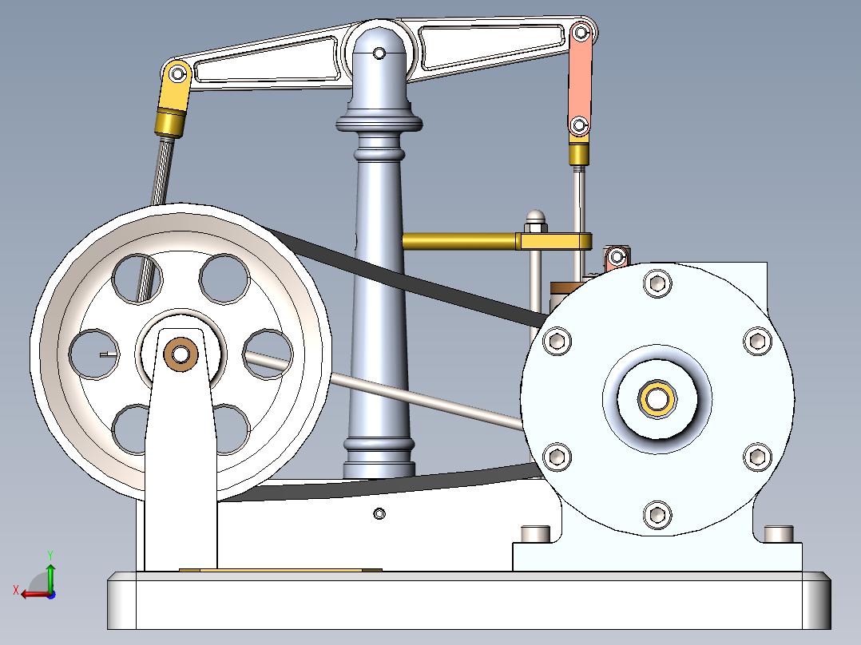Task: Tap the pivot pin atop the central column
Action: pos(380,53)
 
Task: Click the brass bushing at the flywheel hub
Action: pos(181,352)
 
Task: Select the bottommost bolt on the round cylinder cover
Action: pos(657,514)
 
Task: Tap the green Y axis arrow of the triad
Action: pos(50,572)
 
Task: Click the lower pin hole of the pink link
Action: pos(579,125)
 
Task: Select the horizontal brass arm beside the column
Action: pos(459,239)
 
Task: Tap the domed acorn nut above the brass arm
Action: pos(534,217)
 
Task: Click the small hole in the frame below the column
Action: pos(379,512)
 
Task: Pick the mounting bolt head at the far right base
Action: pos(778,532)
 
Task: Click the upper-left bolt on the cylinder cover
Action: pos(557,341)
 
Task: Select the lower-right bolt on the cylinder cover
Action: pos(756,457)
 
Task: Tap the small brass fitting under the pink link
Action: pos(579,152)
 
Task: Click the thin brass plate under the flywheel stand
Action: pos(280,570)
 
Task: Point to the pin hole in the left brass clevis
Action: pos(176,74)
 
